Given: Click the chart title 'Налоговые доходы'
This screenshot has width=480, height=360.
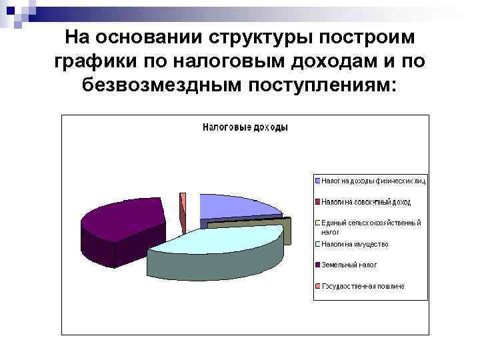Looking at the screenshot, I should tap(245, 127).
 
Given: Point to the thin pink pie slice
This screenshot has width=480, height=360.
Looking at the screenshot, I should tap(183, 203).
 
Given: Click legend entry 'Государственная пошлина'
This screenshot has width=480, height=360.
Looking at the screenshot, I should tap(363, 286).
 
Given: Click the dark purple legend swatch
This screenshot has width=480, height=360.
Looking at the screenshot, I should tap(317, 265).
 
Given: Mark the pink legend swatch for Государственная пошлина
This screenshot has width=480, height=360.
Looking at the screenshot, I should tap(317, 286).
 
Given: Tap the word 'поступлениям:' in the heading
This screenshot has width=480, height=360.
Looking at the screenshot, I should tap(322, 85).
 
